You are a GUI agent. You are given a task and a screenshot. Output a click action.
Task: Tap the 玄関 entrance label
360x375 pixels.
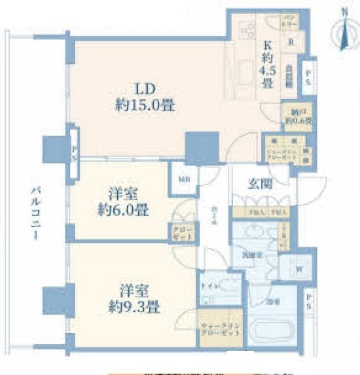point(261,184)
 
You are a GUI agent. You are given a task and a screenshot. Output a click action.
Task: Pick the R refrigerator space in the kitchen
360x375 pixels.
point(289,38)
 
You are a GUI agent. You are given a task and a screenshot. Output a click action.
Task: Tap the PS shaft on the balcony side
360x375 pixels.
point(75,154)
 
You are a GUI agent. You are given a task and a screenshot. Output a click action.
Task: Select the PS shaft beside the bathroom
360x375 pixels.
point(308,302)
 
